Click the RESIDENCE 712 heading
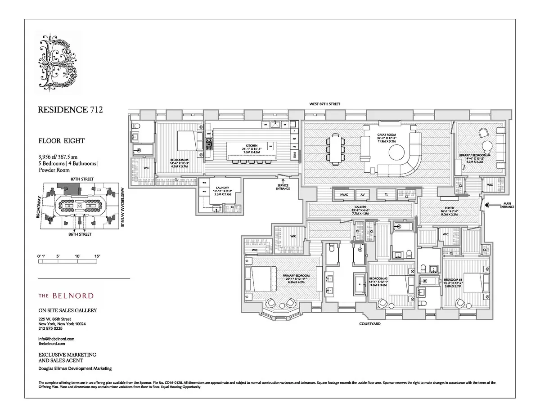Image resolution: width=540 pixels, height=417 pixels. (x=67, y=110)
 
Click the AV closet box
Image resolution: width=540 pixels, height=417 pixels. (x=362, y=195)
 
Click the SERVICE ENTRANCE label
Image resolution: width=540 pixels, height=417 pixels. (x=283, y=186)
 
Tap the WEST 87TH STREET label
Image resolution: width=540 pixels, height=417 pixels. (x=324, y=104)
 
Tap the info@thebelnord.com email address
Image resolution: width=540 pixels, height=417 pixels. (x=56, y=338)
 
